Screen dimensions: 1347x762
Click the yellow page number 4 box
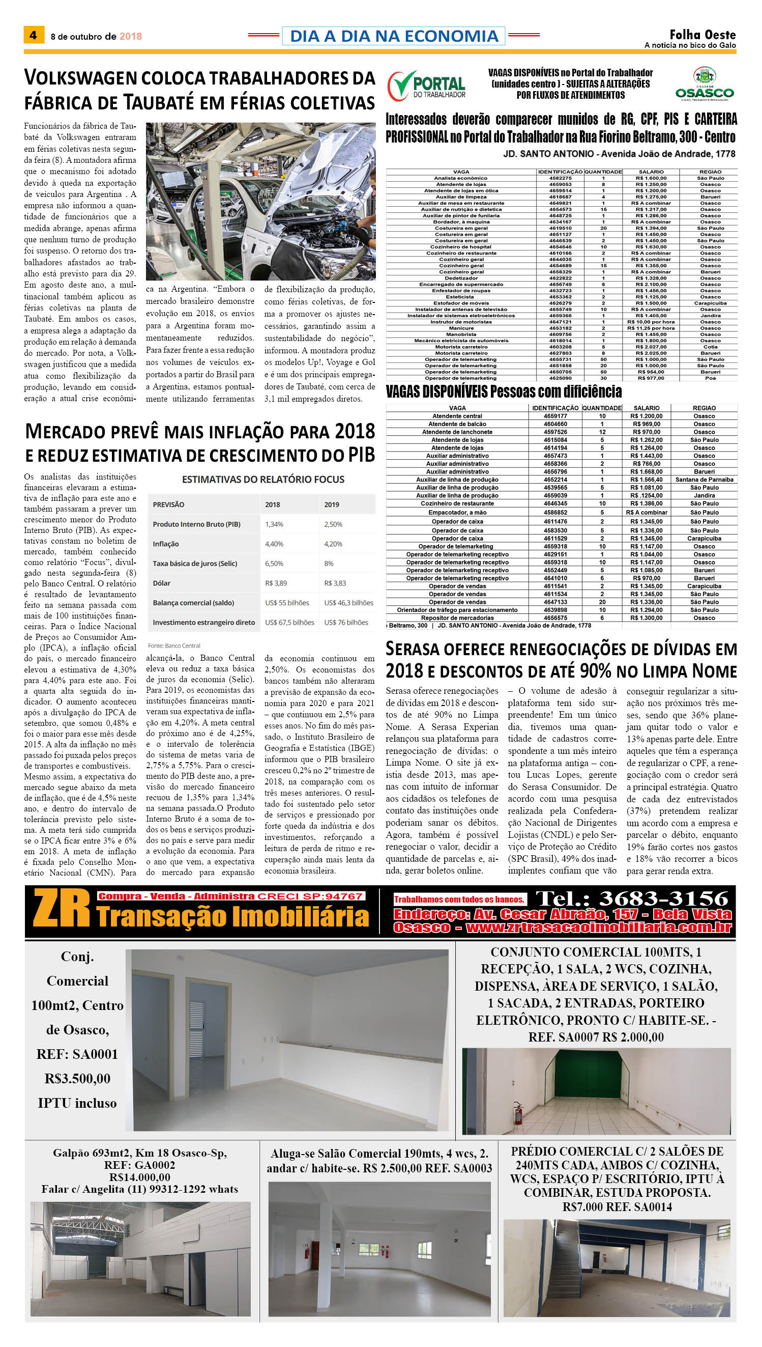pyautogui.click(x=34, y=35)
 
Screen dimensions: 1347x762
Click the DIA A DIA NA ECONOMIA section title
pyautogui.click(x=394, y=36)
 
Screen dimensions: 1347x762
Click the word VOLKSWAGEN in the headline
pyautogui.click(x=80, y=78)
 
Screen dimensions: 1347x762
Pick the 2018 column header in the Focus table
pyautogui.click(x=272, y=504)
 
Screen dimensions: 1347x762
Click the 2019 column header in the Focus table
pyautogui.click(x=331, y=504)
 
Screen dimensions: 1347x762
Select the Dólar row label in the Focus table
pyautogui.click(x=161, y=583)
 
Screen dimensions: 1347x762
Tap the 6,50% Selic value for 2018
pyautogui.click(x=274, y=564)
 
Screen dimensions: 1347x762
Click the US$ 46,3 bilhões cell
pyautogui.click(x=348, y=603)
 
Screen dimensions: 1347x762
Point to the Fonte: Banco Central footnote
pyautogui.click(x=174, y=646)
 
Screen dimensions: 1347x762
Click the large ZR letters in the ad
pyautogui.click(x=62, y=910)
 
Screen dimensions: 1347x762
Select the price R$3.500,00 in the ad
pyautogui.click(x=77, y=1078)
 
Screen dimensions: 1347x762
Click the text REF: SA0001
pyautogui.click(x=77, y=1054)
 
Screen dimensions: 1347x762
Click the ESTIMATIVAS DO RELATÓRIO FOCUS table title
pyautogui.click(x=262, y=479)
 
